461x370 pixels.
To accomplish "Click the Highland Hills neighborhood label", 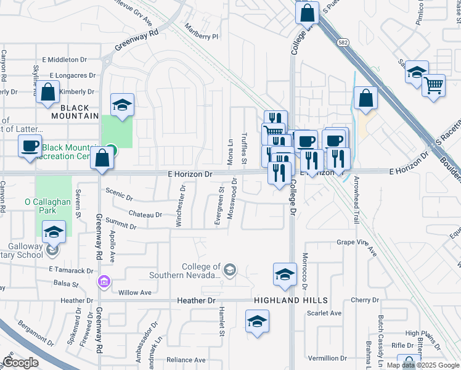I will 290,300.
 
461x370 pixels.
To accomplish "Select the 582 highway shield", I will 344,42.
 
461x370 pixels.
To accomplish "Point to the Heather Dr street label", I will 198,300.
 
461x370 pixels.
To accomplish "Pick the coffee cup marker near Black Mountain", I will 29,146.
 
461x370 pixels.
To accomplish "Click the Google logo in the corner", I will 20,362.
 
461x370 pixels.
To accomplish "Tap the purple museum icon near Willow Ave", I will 104,282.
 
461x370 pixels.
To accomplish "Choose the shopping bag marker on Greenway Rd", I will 102,158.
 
